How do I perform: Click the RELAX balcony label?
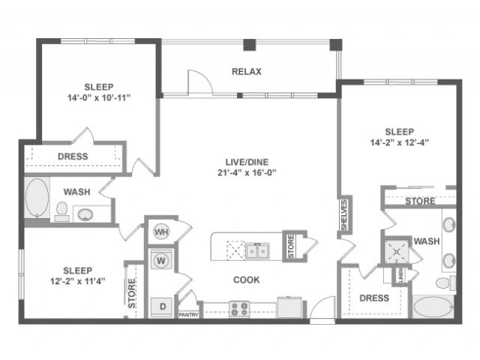246,72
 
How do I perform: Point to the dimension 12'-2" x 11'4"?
73,282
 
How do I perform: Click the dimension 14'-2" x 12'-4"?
398,140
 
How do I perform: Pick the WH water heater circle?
160,232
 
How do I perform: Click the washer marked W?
161,261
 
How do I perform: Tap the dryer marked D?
161,305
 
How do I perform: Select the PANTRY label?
188,315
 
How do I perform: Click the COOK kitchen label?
246,280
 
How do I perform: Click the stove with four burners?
239,307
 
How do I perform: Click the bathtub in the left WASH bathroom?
36,198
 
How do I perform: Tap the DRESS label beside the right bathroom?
374,298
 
